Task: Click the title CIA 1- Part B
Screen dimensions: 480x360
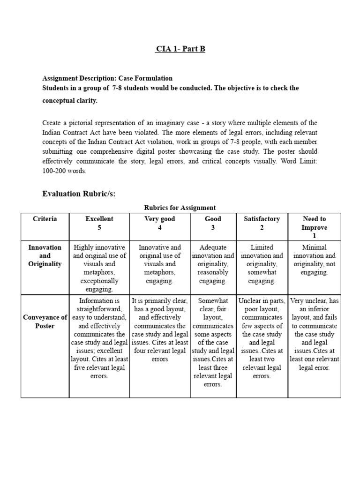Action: click(x=180, y=49)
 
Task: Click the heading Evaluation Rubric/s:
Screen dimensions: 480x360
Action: click(x=79, y=194)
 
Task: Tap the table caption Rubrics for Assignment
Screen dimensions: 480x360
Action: click(x=180, y=208)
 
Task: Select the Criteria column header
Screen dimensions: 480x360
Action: click(x=45, y=219)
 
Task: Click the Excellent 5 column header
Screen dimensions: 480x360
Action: click(x=99, y=223)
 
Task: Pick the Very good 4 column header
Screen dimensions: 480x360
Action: click(x=160, y=223)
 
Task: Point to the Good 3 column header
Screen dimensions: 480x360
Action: click(x=213, y=223)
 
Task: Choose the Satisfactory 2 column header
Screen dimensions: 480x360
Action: click(x=262, y=223)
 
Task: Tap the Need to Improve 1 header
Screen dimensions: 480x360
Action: click(x=314, y=227)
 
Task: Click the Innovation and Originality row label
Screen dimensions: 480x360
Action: click(x=45, y=255)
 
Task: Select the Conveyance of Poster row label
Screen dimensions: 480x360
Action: click(x=45, y=322)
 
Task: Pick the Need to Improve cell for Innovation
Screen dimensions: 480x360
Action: click(x=314, y=260)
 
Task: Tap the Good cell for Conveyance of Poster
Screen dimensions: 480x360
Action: click(x=213, y=343)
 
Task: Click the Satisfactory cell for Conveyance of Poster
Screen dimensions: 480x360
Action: click(x=262, y=338)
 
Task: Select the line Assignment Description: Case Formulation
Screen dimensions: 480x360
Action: click(x=107, y=78)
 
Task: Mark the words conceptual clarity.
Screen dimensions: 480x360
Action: click(x=70, y=101)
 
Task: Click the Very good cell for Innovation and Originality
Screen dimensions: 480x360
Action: click(x=160, y=264)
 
